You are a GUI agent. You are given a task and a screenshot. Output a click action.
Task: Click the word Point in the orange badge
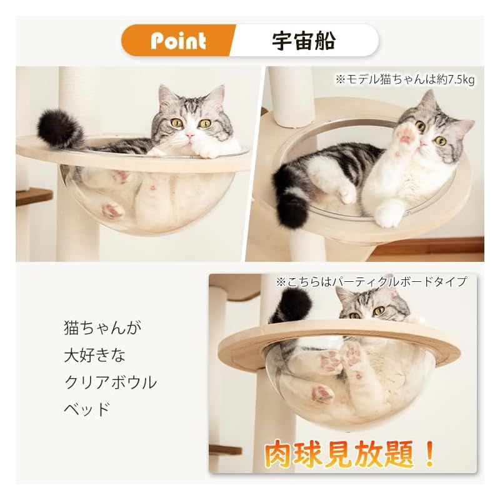(x=178, y=41)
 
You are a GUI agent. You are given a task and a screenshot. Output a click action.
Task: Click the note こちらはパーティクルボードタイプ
(x=371, y=282)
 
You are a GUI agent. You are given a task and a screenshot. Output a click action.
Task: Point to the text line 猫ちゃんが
(x=103, y=327)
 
